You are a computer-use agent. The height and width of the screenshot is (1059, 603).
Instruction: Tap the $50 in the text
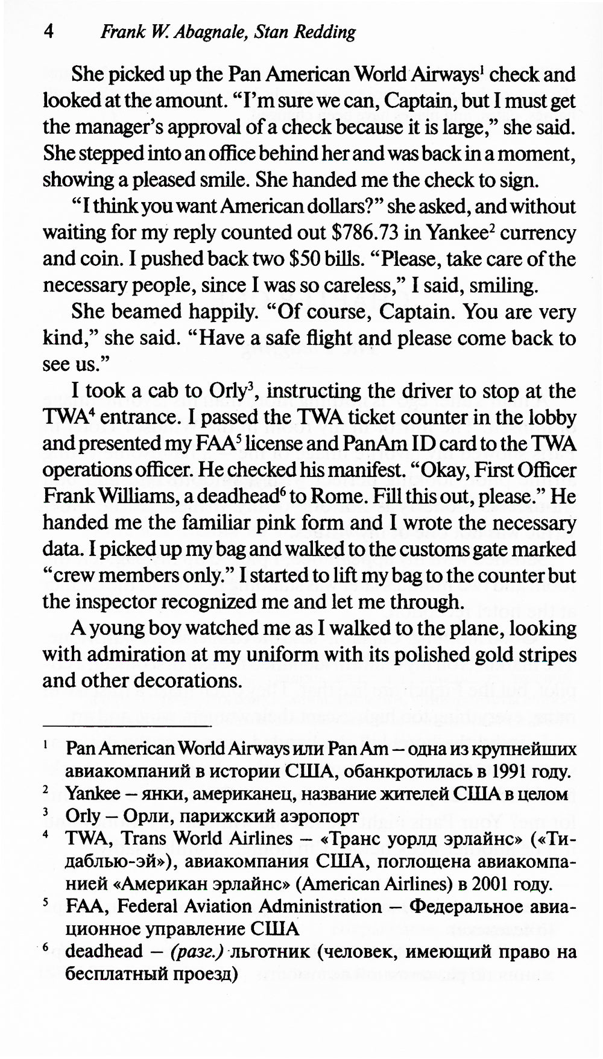pyautogui.click(x=301, y=259)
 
